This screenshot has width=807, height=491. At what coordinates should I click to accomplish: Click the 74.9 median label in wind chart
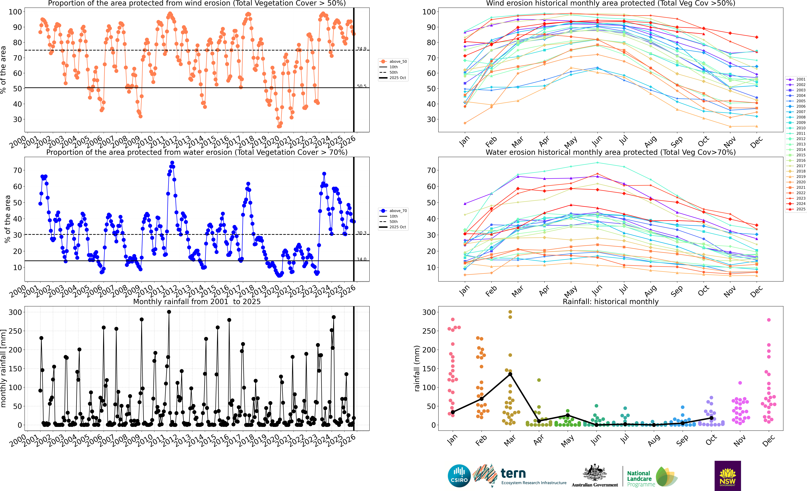(362, 49)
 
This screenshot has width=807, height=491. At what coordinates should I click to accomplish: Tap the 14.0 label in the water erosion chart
(362, 259)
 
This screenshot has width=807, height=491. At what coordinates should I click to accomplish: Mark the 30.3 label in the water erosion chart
(362, 233)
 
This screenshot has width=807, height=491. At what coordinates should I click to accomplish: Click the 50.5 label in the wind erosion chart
(362, 86)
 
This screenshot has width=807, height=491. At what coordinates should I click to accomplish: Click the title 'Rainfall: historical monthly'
(611, 301)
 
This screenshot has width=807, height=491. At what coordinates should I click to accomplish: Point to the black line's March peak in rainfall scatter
(510, 374)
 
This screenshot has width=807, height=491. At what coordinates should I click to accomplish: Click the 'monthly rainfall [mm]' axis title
(4, 368)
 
